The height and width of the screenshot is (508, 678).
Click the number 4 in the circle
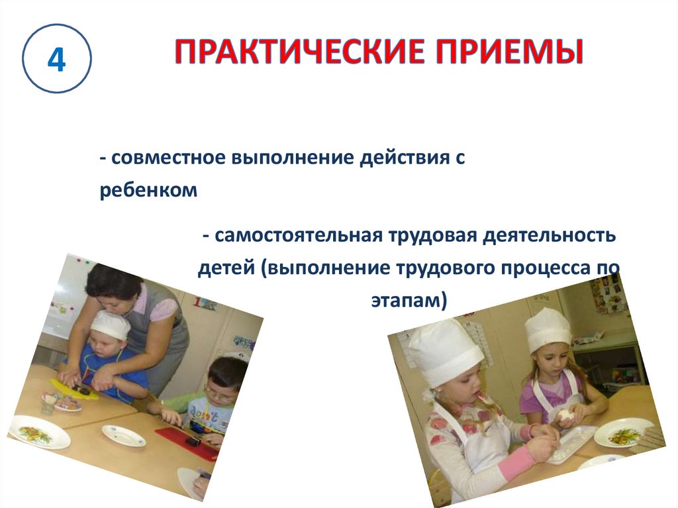coord(57,59)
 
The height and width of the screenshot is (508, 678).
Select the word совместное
coord(169,158)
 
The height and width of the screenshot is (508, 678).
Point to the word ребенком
coord(148,189)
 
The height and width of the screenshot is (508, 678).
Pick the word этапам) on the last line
coord(409,300)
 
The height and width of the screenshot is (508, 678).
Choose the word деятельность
coord(549,236)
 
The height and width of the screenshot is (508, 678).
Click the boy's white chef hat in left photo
coord(110,325)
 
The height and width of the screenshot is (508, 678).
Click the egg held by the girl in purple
coord(564,416)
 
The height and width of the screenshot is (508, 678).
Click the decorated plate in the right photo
coord(618,432)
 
